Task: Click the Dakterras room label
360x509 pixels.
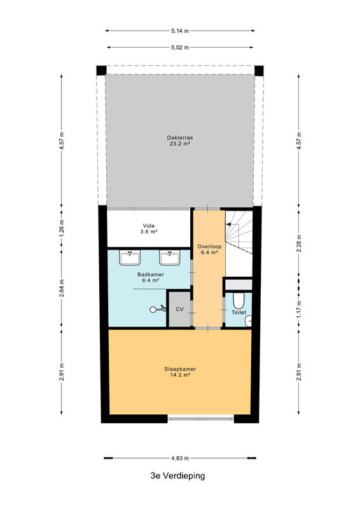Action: [180, 140]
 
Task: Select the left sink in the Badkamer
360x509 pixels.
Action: [130, 258]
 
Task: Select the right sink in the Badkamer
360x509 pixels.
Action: [169, 258]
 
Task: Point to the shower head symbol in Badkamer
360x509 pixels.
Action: [158, 309]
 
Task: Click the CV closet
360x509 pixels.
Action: [179, 309]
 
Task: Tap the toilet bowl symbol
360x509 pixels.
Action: [239, 300]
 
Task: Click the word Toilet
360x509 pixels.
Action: [239, 312]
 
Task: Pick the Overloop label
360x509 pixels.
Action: [209, 249]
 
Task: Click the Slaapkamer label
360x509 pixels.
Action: [180, 372]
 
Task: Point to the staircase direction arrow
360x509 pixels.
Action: [233, 225]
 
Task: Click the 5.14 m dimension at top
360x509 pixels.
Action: [180, 31]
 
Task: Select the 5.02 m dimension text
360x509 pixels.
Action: [180, 47]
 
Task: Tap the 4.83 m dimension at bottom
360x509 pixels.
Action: [180, 458]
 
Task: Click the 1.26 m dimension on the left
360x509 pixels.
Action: [62, 228]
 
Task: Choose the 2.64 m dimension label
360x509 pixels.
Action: [62, 288]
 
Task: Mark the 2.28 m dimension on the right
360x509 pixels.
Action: [299, 244]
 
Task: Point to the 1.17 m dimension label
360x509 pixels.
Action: [299, 309]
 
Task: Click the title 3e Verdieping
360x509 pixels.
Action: [178, 476]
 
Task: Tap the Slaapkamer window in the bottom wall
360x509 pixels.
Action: [200, 419]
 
